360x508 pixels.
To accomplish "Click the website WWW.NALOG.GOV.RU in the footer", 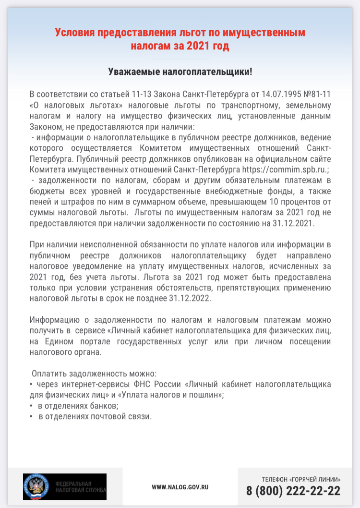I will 180,487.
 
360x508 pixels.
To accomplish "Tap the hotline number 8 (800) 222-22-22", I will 293,491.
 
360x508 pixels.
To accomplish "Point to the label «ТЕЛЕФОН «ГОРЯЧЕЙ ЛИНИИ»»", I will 301,479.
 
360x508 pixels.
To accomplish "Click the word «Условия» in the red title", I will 74,33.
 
